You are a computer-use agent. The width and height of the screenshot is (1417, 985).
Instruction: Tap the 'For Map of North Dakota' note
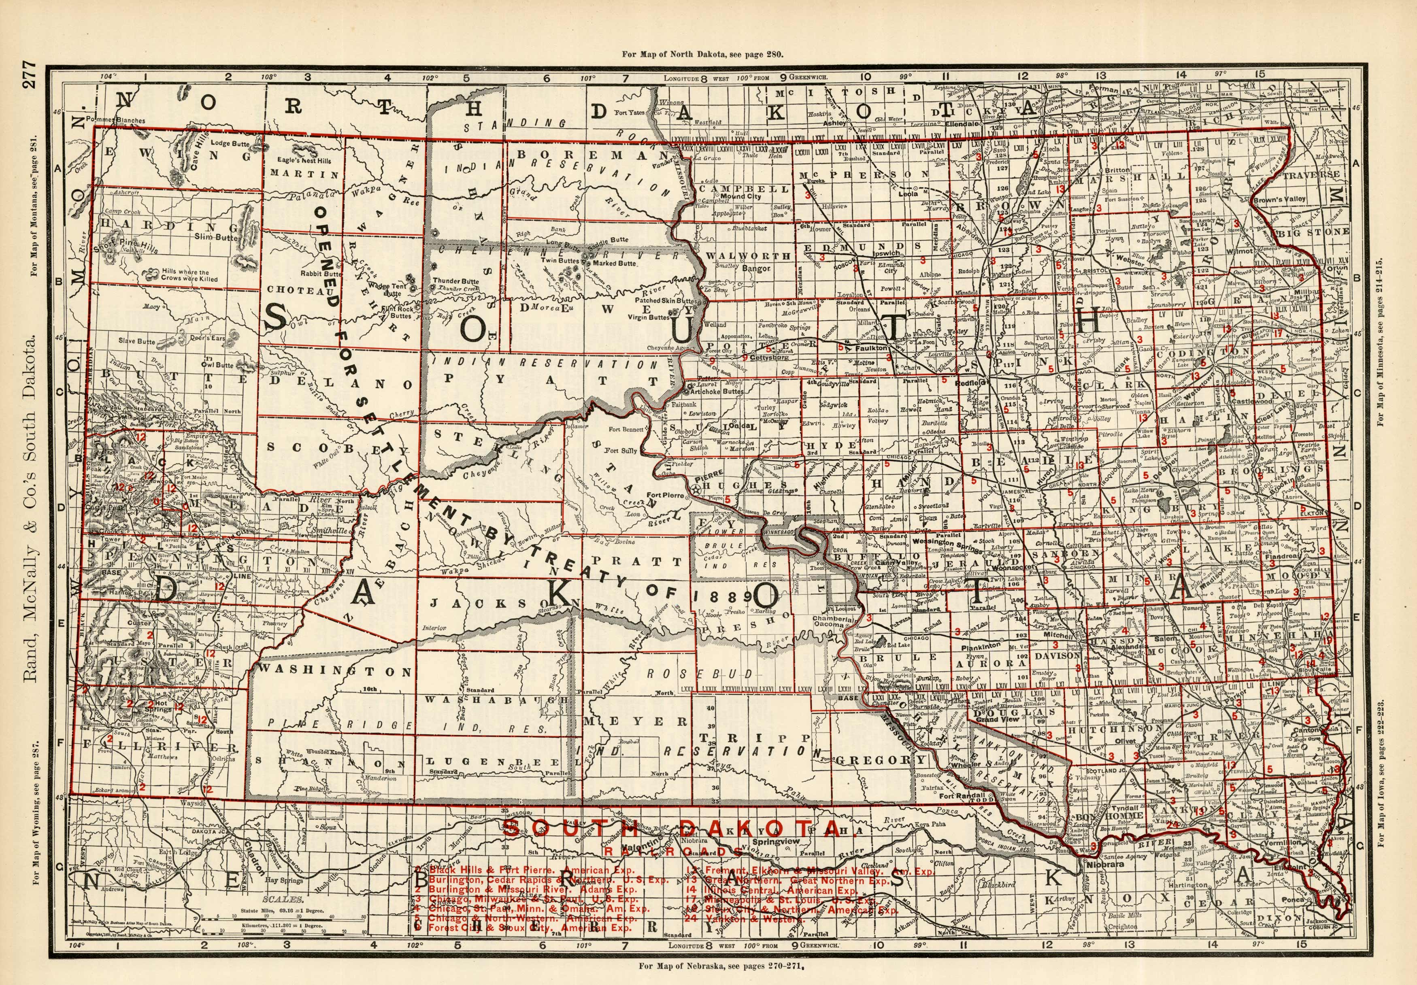704,54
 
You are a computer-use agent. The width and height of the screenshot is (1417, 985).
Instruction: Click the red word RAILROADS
673,851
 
